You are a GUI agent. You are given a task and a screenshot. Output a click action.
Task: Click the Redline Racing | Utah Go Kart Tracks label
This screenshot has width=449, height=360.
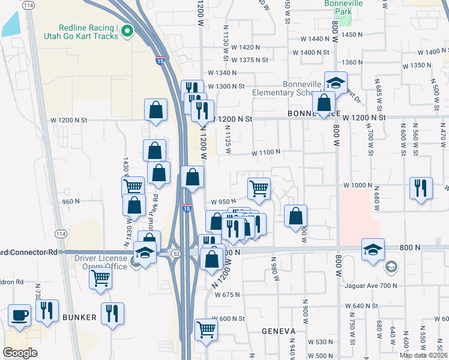tap(87, 32)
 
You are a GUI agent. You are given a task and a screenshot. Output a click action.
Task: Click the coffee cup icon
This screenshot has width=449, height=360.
tap(20, 315)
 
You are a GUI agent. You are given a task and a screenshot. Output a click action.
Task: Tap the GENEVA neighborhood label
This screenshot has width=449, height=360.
tap(279, 331)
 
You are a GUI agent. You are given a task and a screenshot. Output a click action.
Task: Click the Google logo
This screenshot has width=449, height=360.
tap(20, 353)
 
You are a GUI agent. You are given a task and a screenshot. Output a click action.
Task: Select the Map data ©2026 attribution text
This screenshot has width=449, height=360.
tap(424, 355)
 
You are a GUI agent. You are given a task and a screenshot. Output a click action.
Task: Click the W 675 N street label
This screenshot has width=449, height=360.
tap(226, 295)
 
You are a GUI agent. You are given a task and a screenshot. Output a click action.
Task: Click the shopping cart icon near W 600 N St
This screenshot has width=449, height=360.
tap(206, 329)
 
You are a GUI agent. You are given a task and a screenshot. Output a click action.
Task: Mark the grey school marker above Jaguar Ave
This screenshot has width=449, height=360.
tap(391, 266)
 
